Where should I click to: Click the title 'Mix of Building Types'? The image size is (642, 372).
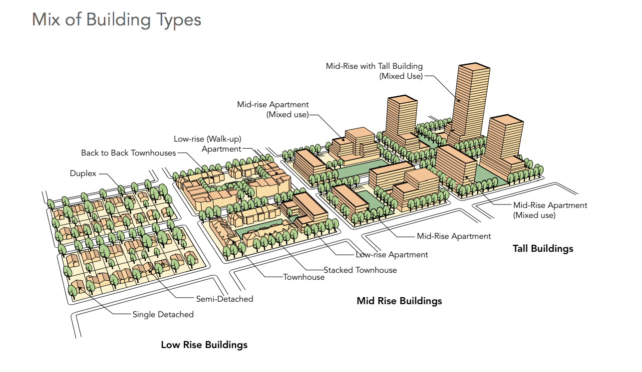tap(116, 20)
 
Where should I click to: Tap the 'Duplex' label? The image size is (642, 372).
tap(83, 174)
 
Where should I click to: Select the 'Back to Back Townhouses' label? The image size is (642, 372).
tap(128, 153)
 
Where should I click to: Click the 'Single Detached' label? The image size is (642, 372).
tap(163, 314)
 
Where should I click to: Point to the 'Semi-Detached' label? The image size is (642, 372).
tap(224, 299)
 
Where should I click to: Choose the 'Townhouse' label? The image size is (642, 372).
tap(304, 277)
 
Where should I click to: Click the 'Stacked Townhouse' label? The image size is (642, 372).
tap(360, 270)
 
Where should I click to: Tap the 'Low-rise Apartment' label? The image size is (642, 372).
tap(392, 254)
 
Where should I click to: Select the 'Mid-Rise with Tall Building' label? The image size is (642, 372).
tap(374, 71)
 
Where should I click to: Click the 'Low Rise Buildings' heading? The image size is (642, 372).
tap(204, 345)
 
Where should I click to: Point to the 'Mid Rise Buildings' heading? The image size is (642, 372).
tap(399, 301)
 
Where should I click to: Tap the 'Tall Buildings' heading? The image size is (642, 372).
tap(543, 248)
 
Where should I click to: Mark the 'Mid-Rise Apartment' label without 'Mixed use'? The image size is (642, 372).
tap(454, 236)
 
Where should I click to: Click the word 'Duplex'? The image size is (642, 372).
tap(83, 174)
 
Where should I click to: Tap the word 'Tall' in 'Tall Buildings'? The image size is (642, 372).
tap(521, 248)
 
